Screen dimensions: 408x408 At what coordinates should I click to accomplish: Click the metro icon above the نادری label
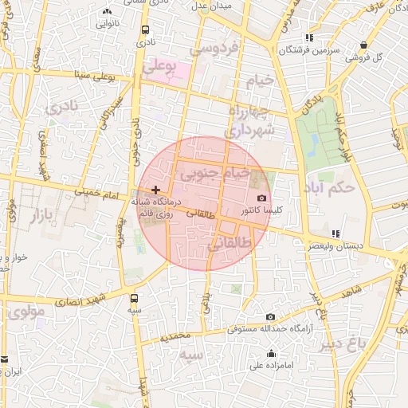click(x=144, y=30)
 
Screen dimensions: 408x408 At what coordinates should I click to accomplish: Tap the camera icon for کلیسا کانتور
click(x=262, y=198)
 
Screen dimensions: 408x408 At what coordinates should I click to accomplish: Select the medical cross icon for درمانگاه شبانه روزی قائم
click(x=155, y=190)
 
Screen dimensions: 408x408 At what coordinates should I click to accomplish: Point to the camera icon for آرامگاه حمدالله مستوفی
click(x=270, y=317)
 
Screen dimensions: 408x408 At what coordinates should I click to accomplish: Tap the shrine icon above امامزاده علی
click(x=272, y=354)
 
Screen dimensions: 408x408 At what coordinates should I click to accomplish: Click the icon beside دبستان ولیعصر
click(x=335, y=234)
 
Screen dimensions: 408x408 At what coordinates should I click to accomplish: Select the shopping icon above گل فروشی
click(x=364, y=45)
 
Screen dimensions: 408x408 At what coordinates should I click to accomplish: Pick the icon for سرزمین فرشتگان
click(x=309, y=37)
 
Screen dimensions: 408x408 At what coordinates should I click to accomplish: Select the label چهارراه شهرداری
click(x=250, y=119)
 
